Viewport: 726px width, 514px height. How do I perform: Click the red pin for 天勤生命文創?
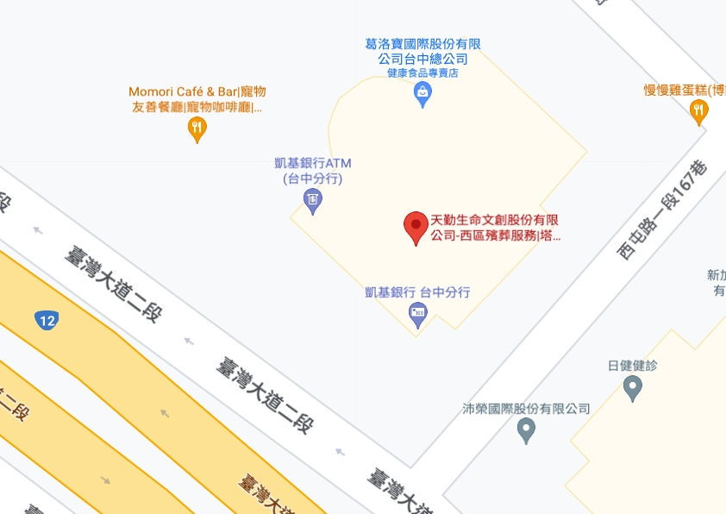pos(416,227)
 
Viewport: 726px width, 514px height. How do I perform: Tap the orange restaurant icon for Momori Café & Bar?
pos(197,129)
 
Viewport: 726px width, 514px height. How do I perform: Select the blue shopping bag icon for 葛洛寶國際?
pos(422,94)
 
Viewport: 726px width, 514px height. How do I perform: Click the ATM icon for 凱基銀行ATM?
pos(313,202)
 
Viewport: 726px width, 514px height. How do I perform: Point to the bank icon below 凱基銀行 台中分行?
pos(418,315)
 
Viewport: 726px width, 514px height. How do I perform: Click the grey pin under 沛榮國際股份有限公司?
pos(526,430)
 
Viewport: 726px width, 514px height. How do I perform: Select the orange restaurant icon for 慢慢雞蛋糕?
pos(699,110)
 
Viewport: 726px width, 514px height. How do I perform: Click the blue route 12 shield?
pos(47,320)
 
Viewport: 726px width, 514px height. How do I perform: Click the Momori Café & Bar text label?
pos(197,99)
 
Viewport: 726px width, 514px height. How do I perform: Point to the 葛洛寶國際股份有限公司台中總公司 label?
pos(422,51)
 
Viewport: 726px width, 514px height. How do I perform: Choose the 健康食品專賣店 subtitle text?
pos(422,73)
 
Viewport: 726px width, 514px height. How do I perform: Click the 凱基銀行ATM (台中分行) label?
pos(313,171)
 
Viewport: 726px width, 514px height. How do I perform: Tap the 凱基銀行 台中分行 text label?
pos(417,292)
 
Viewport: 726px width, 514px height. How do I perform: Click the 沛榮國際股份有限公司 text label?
pos(526,409)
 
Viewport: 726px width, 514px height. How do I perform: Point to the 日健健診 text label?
pos(633,366)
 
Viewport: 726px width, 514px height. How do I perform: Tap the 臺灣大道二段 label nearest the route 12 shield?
pos(113,284)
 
